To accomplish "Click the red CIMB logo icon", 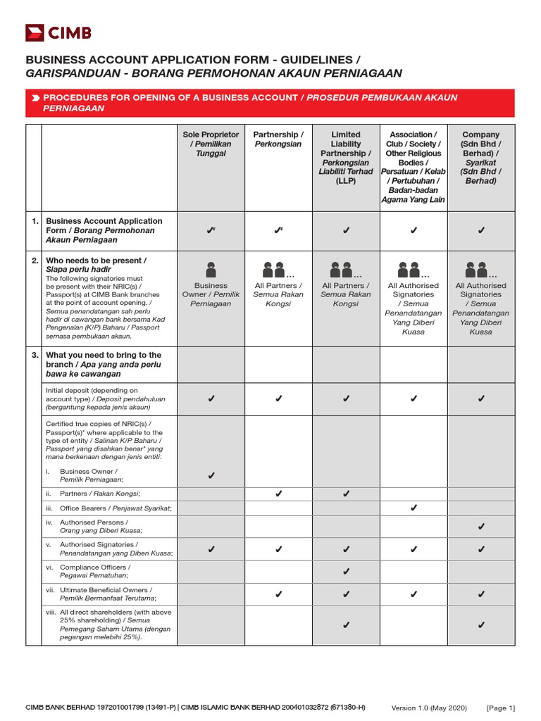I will pyautogui.click(x=35, y=32).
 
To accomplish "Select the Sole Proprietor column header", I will pyautogui.click(x=211, y=144).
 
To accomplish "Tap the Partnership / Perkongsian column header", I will pyautogui.click(x=278, y=139).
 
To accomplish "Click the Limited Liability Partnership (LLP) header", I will pyautogui.click(x=345, y=157).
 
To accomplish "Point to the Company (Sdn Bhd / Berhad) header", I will pyautogui.click(x=481, y=157).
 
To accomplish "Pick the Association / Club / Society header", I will pyautogui.click(x=413, y=166).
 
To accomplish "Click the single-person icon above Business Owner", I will pyautogui.click(x=211, y=269).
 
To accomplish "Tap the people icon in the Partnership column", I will pyautogui.click(x=273, y=269).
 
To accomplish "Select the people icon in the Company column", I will pyautogui.click(x=477, y=269).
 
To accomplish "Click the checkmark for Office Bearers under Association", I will pyautogui.click(x=413, y=508).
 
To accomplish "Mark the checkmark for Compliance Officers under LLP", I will pyautogui.click(x=345, y=570).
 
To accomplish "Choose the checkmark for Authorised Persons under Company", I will pyautogui.click(x=481, y=526).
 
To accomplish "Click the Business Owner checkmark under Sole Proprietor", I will pyautogui.click(x=211, y=477).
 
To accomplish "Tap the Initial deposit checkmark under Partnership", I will pyautogui.click(x=278, y=399).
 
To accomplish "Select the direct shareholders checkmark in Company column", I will pyautogui.click(x=481, y=625).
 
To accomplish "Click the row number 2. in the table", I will pyautogui.click(x=35, y=261).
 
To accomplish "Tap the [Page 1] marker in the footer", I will pyautogui.click(x=501, y=708).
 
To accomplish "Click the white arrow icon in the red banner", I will pyautogui.click(x=35, y=97).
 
